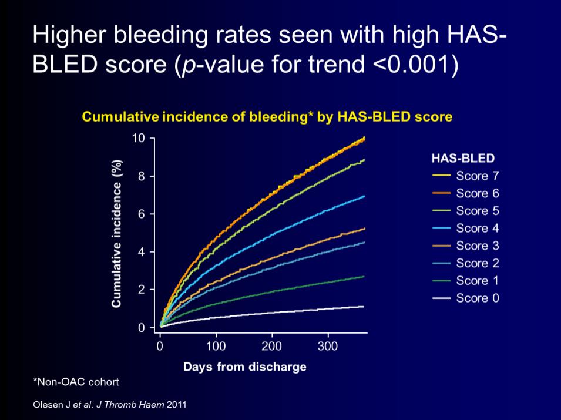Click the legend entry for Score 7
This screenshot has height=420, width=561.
(x=465, y=176)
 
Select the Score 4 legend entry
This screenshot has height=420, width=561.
(x=465, y=228)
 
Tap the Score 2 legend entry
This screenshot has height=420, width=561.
(x=465, y=263)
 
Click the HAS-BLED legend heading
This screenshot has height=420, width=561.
(x=463, y=158)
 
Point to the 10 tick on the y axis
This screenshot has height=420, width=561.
(x=138, y=137)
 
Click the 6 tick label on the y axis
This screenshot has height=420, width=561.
(x=142, y=214)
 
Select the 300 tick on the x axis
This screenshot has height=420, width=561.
(x=328, y=347)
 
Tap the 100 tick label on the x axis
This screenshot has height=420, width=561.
(x=216, y=347)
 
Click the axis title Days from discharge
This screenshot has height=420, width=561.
(x=245, y=367)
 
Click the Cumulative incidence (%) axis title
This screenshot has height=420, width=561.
(x=117, y=233)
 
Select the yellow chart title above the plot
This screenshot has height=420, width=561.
(x=267, y=117)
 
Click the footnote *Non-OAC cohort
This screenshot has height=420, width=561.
(x=76, y=382)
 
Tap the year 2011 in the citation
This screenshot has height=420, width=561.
(x=177, y=405)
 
